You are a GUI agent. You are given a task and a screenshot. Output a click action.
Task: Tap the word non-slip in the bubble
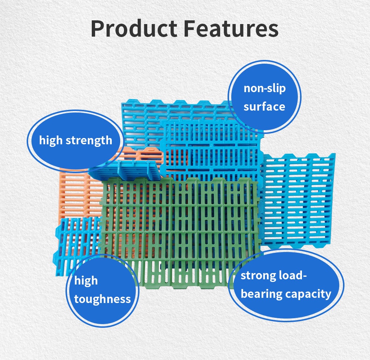(x=265, y=88)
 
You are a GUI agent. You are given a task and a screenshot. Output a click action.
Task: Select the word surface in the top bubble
(x=265, y=107)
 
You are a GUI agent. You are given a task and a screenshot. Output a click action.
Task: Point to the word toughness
(x=102, y=299)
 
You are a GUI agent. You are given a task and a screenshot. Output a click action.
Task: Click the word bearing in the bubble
(x=262, y=294)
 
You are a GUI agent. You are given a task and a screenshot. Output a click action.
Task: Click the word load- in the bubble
(x=292, y=276)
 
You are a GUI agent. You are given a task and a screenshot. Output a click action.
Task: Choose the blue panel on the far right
(x=300, y=200)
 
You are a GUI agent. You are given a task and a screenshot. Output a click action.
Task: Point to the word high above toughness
(x=86, y=281)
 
